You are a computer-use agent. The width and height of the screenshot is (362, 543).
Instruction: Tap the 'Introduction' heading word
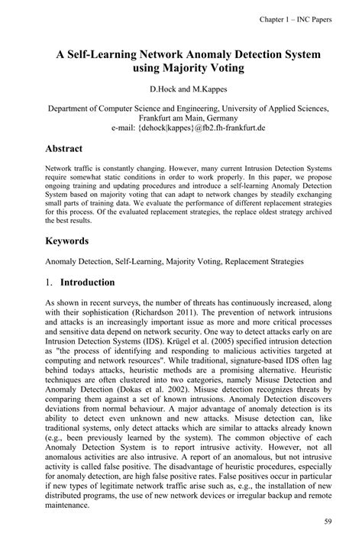pos(87,282)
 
